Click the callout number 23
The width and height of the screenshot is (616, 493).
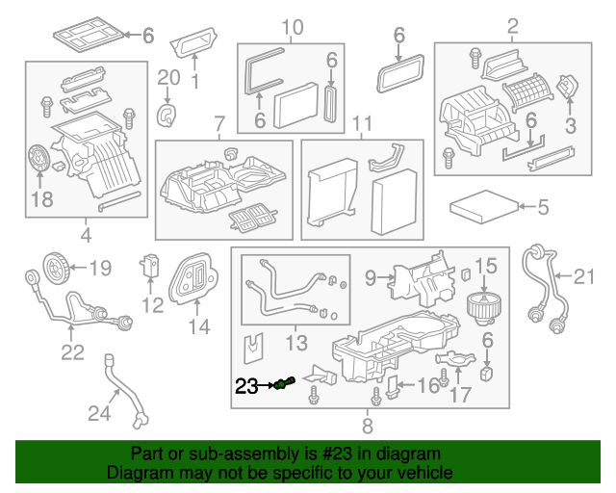[x=246, y=386]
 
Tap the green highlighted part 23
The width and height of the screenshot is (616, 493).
[x=282, y=385]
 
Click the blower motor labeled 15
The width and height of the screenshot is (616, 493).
[x=483, y=304]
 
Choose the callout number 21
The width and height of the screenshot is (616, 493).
[x=585, y=278]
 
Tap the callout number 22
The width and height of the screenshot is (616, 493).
[x=73, y=352]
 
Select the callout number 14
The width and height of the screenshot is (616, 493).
[x=197, y=326]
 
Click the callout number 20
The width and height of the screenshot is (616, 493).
[x=168, y=77]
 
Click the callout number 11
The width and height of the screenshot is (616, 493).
[x=361, y=124]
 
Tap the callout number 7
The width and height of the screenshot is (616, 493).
[x=218, y=124]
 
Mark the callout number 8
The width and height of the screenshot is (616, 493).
[x=367, y=424]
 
